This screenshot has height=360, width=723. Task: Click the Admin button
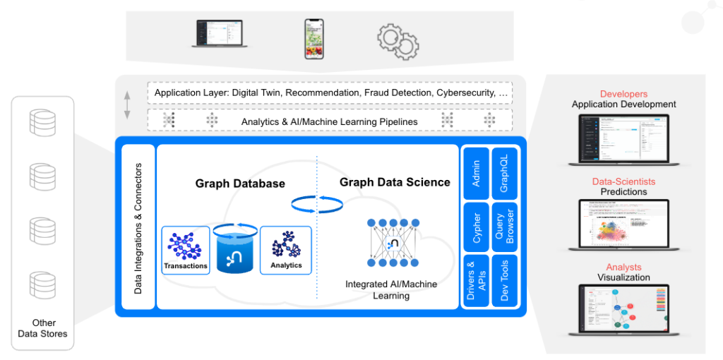pyautogui.click(x=477, y=174)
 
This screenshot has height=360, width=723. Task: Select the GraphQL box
pyautogui.click(x=504, y=174)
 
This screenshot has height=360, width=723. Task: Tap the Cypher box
pyautogui.click(x=477, y=228)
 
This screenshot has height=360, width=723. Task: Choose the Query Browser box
pyautogui.click(x=504, y=228)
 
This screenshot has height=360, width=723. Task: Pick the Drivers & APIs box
pyautogui.click(x=477, y=281)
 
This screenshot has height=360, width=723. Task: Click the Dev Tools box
pyautogui.click(x=504, y=281)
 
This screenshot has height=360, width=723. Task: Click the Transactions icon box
pyautogui.click(x=186, y=249)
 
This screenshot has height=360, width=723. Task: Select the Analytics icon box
pyautogui.click(x=286, y=249)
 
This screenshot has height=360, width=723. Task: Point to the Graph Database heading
pyautogui.click(x=240, y=184)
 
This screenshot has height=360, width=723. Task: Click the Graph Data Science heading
pyautogui.click(x=395, y=182)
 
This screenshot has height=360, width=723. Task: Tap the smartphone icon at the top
pyautogui.click(x=314, y=39)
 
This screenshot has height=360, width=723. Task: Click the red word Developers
pyautogui.click(x=623, y=94)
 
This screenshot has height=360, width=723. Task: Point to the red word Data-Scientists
pyautogui.click(x=623, y=181)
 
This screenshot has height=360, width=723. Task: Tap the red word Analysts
pyautogui.click(x=623, y=267)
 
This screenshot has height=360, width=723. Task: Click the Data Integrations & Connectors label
pyautogui.click(x=138, y=228)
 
